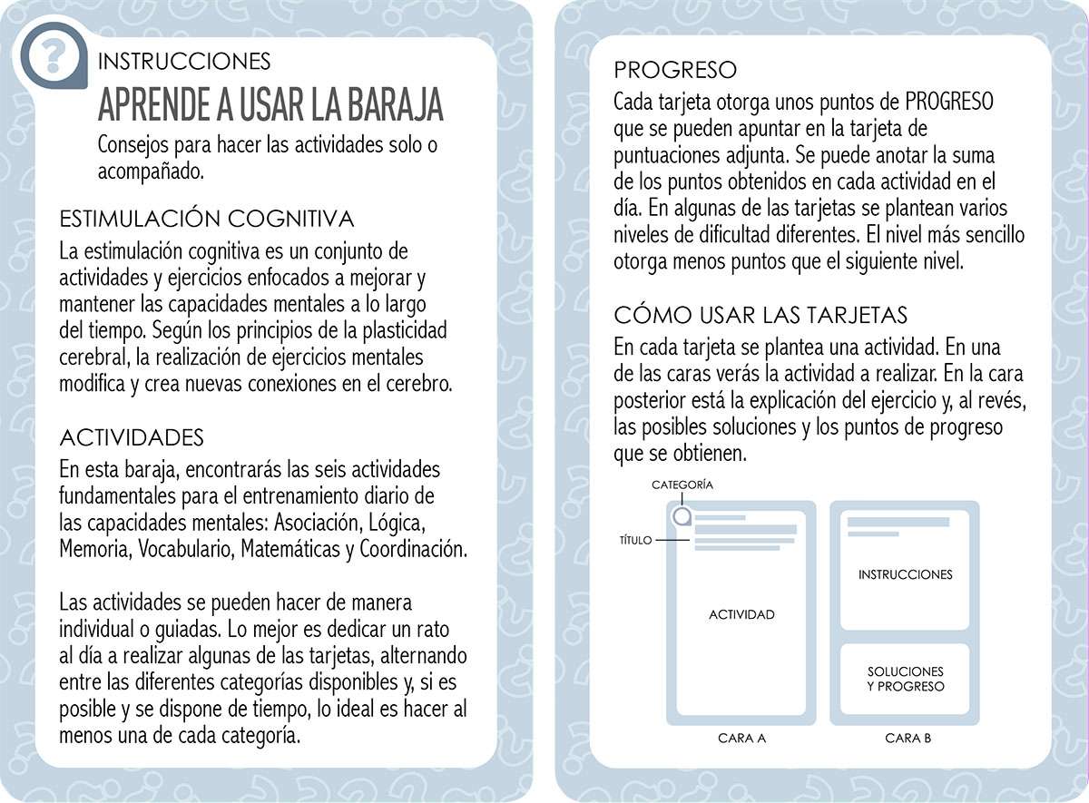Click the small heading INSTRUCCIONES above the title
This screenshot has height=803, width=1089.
[x=183, y=61]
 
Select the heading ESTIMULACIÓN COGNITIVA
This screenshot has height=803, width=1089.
[x=206, y=219]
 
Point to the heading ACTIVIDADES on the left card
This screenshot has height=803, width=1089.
[x=132, y=437]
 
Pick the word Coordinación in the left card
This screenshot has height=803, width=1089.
[x=413, y=549]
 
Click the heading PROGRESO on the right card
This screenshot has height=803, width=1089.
[x=675, y=70]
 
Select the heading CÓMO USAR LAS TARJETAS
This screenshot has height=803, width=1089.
[x=760, y=316]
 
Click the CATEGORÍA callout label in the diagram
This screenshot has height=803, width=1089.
[x=682, y=485]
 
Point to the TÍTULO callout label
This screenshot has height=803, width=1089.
[x=634, y=540]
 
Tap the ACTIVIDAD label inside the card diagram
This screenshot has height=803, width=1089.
[x=741, y=614]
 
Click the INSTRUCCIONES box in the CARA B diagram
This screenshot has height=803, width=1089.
[x=905, y=574]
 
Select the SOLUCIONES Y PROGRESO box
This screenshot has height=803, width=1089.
[x=905, y=679]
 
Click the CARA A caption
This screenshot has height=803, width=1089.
[x=741, y=738]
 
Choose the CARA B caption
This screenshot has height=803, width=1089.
[x=907, y=738]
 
